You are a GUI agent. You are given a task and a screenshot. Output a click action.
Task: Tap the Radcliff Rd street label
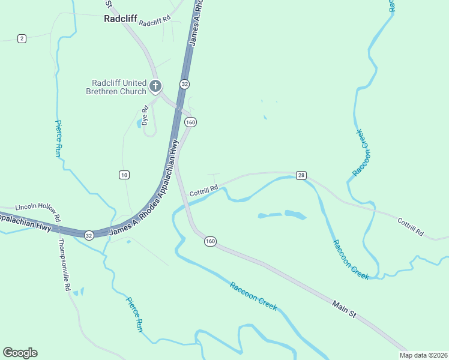click(154, 22)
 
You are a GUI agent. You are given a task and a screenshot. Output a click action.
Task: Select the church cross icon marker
click(155, 86)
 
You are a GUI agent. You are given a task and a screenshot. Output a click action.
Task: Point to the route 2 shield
click(22, 38)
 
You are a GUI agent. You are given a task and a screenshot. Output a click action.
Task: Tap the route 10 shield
click(124, 175)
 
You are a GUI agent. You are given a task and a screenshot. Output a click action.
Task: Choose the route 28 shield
click(301, 175)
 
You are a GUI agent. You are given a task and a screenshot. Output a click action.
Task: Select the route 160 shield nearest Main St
click(209, 241)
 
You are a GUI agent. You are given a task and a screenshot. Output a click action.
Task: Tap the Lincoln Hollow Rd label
click(38, 209)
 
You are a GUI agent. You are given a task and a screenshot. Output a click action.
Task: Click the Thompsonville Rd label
click(64, 265)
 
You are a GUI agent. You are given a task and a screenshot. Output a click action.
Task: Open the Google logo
click(20, 353)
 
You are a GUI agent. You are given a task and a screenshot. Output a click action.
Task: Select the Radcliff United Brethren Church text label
click(119, 87)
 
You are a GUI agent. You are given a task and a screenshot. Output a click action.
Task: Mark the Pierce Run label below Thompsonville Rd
click(134, 314)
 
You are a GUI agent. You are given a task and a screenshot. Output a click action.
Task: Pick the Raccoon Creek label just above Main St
click(253, 295)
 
